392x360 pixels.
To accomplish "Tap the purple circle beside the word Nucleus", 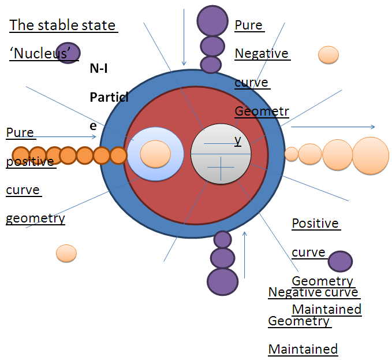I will coord(68,53).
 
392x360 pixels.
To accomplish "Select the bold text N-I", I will coord(99,69).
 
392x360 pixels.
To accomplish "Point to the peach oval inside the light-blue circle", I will coord(156,154).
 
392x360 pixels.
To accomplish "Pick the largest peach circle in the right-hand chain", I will coord(371,155).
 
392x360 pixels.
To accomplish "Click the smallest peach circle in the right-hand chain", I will coord(292,154).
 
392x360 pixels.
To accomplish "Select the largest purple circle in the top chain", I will coord(212,20).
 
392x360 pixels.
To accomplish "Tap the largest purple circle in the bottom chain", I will coord(222,281).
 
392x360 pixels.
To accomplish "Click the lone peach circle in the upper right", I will coord(328,54).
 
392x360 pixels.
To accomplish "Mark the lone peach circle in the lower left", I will coord(66,253).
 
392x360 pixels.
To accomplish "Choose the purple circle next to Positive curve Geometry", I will coord(341,261).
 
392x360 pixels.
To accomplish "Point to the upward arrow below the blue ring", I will coord(245,255).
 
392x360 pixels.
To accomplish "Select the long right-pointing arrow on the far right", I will coord(333,127).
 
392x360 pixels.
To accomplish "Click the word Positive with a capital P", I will coord(315,223).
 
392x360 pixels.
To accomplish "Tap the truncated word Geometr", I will coord(261,111).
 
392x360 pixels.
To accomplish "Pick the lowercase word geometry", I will coord(35,218).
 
